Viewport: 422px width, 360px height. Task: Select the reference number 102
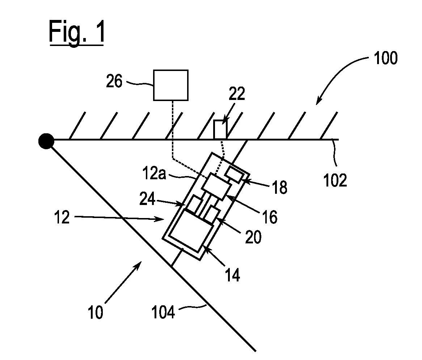click(335, 180)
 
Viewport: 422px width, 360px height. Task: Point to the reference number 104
click(163, 312)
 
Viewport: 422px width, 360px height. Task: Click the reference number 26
click(114, 81)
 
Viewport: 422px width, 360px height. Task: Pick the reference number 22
click(237, 94)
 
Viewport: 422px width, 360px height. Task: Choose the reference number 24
click(148, 199)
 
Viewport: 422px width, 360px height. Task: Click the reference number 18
click(280, 187)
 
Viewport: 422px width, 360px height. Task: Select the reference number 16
click(270, 217)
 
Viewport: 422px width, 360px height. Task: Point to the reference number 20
click(253, 237)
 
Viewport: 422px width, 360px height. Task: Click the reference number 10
click(96, 312)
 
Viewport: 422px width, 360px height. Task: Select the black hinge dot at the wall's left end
click(46, 141)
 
